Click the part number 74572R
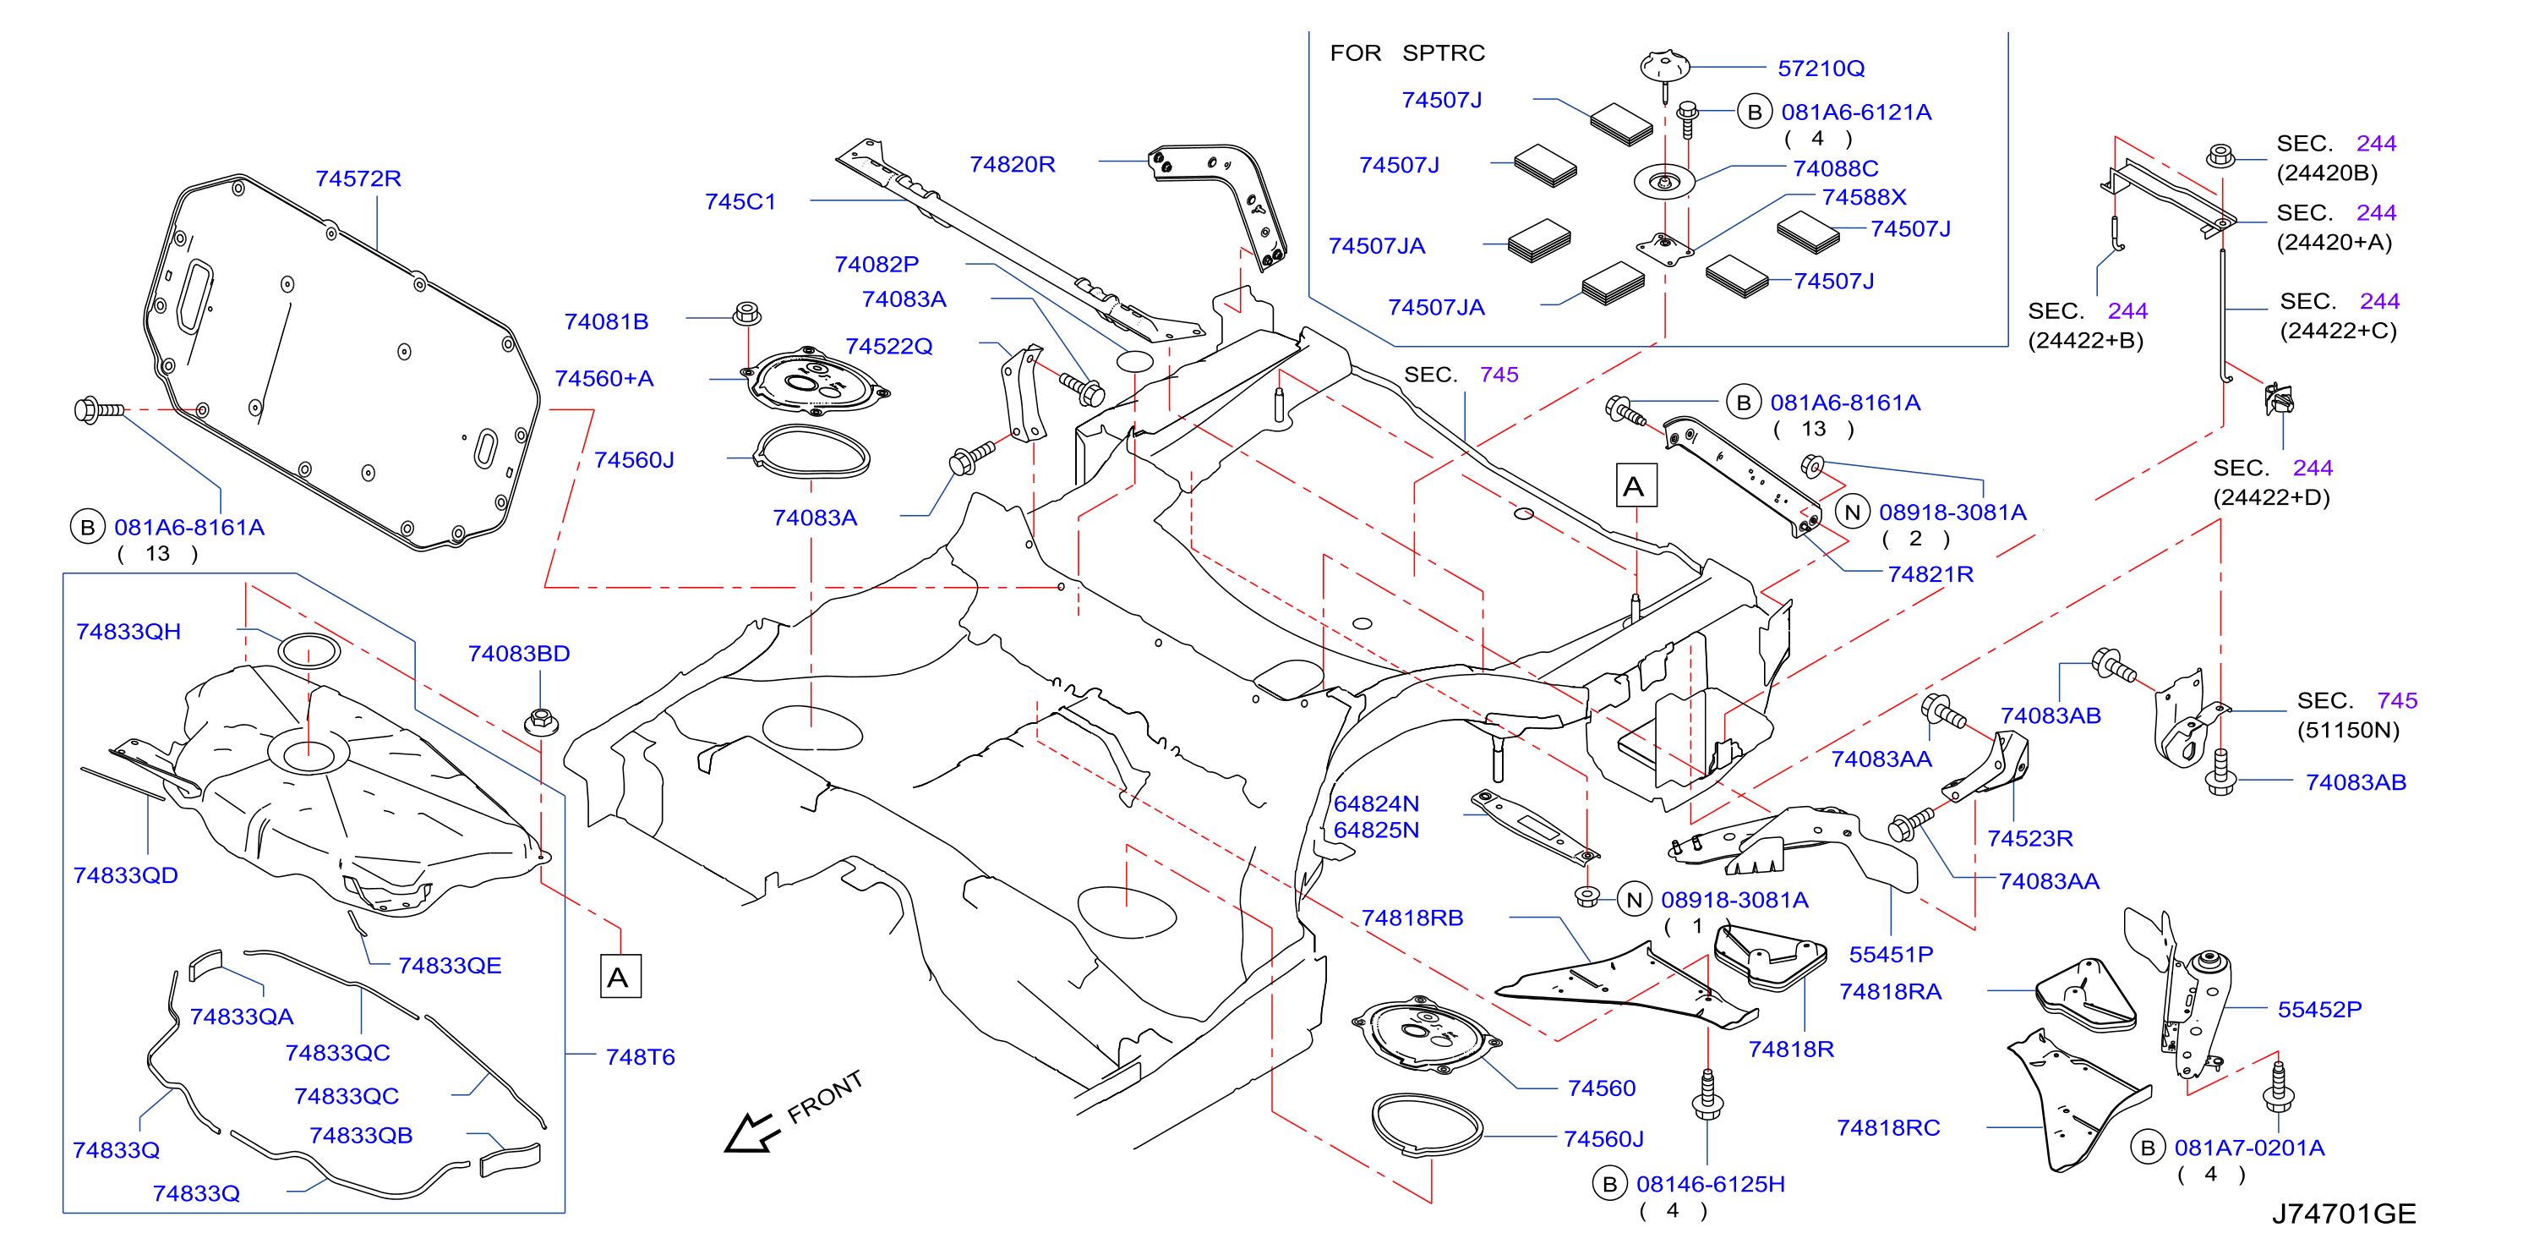358,178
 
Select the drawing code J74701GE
2343,1214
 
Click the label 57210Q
1821,69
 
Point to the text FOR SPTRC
1406,53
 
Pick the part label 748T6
640,1057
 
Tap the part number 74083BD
518,654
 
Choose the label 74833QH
128,632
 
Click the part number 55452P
2318,1009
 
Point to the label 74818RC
1887,1127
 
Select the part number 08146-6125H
1710,1185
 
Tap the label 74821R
1930,574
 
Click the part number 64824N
1376,803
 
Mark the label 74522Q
888,346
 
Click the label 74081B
606,321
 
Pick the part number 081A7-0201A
2249,1148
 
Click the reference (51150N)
2348,730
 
